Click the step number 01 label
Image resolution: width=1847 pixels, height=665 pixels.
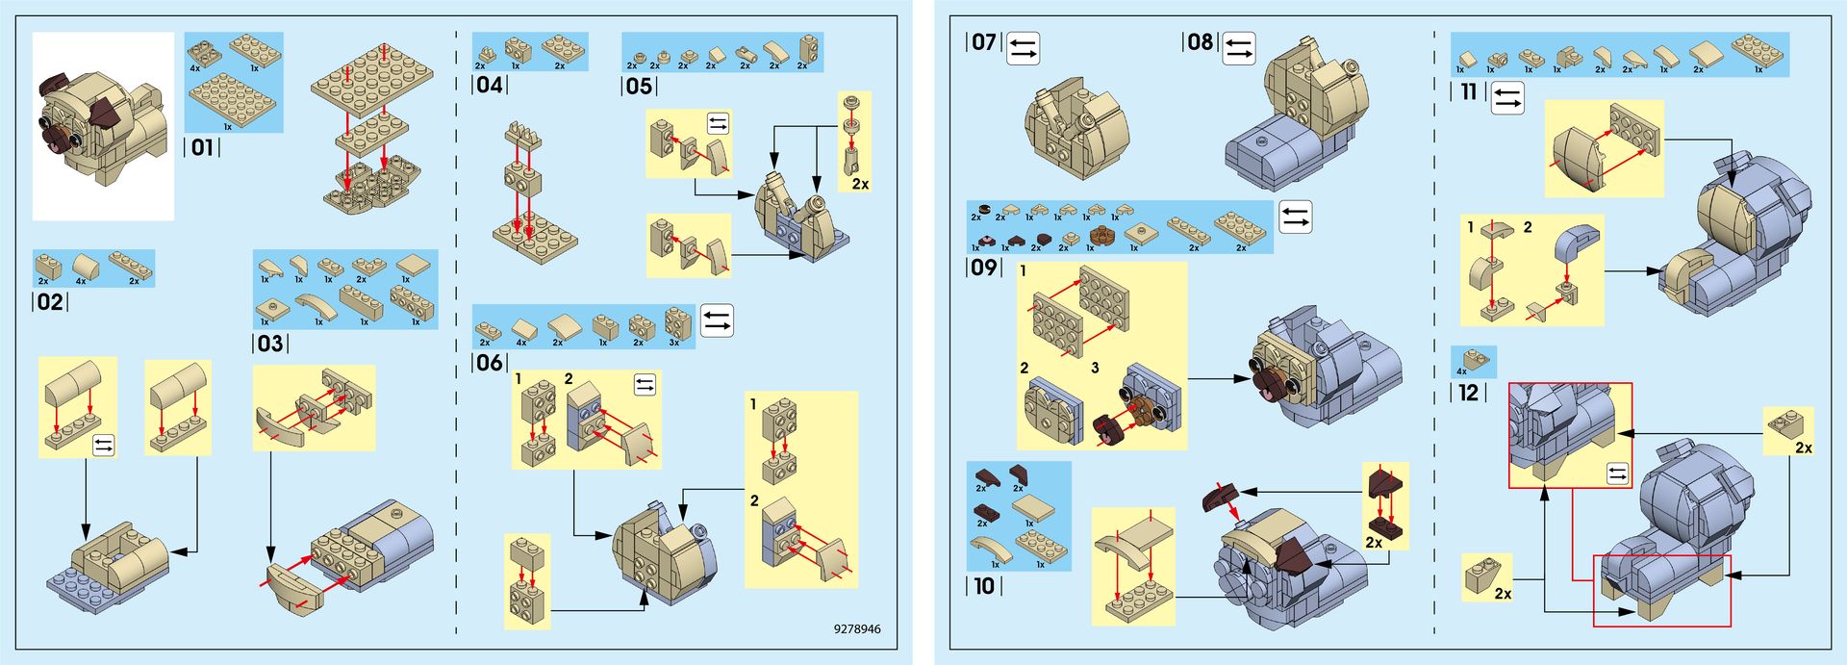coord(202,147)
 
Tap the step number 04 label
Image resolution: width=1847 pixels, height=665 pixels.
coord(490,85)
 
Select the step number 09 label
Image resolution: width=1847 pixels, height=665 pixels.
coord(983,267)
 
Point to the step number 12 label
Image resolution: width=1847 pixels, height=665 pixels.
coord(1468,393)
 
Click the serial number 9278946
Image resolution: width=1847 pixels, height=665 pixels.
coord(856,629)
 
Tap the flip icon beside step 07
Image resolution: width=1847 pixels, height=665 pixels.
coord(1024,48)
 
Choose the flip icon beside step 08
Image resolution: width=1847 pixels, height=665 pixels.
coord(1239,48)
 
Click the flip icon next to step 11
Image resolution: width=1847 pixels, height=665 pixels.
coord(1507,97)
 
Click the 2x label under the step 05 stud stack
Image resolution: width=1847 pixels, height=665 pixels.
coord(860,184)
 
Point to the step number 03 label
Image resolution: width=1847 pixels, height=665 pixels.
coord(270,344)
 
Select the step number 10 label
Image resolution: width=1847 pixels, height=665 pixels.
coord(983,585)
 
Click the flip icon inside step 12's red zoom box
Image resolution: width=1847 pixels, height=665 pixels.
coord(1617,473)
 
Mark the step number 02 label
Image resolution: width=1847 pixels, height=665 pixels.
coord(50,302)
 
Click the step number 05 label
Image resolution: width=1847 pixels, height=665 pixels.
coord(639,86)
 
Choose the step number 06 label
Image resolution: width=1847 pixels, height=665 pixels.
coord(490,363)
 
